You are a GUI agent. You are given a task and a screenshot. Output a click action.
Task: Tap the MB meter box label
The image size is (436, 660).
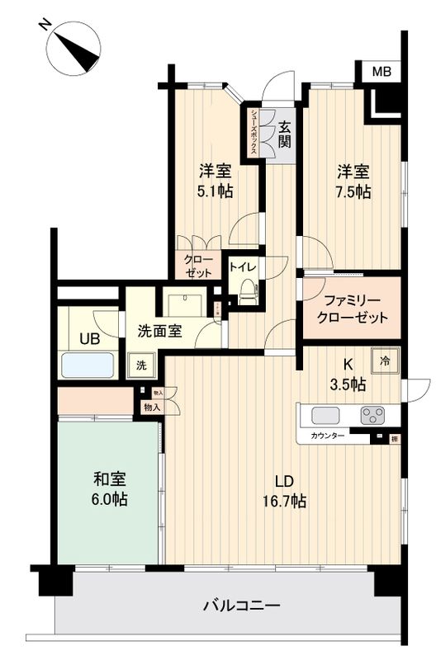[381, 73]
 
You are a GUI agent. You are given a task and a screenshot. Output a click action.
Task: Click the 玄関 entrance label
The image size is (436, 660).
[284, 134]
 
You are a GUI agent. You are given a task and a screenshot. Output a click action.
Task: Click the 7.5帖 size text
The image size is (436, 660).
[353, 191]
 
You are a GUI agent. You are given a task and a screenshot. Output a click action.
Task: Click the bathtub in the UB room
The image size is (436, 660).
[86, 365]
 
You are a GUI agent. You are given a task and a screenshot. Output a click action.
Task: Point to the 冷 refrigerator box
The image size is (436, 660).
[386, 359]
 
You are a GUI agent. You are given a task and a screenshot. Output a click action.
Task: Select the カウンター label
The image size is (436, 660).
[328, 435]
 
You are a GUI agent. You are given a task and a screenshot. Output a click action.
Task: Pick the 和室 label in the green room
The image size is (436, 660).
[108, 478]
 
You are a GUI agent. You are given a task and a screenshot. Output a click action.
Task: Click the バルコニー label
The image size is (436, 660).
[241, 606]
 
